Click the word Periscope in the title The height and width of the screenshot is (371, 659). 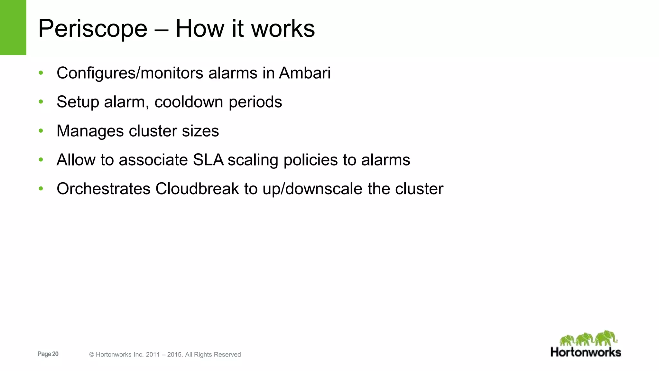(93, 29)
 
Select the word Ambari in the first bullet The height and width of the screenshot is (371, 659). (305, 73)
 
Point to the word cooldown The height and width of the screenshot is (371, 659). (189, 102)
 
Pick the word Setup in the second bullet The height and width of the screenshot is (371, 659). (78, 102)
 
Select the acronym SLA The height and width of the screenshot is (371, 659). (208, 160)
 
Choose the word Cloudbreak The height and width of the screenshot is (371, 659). (197, 189)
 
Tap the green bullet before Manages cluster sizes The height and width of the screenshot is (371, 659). (41, 131)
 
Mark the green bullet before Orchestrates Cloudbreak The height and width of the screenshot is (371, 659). (41, 188)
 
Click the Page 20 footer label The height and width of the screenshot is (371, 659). (48, 354)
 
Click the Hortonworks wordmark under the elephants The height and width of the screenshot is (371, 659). (586, 352)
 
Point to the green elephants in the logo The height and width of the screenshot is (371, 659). (588, 338)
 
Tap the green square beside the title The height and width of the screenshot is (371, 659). (13, 27)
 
